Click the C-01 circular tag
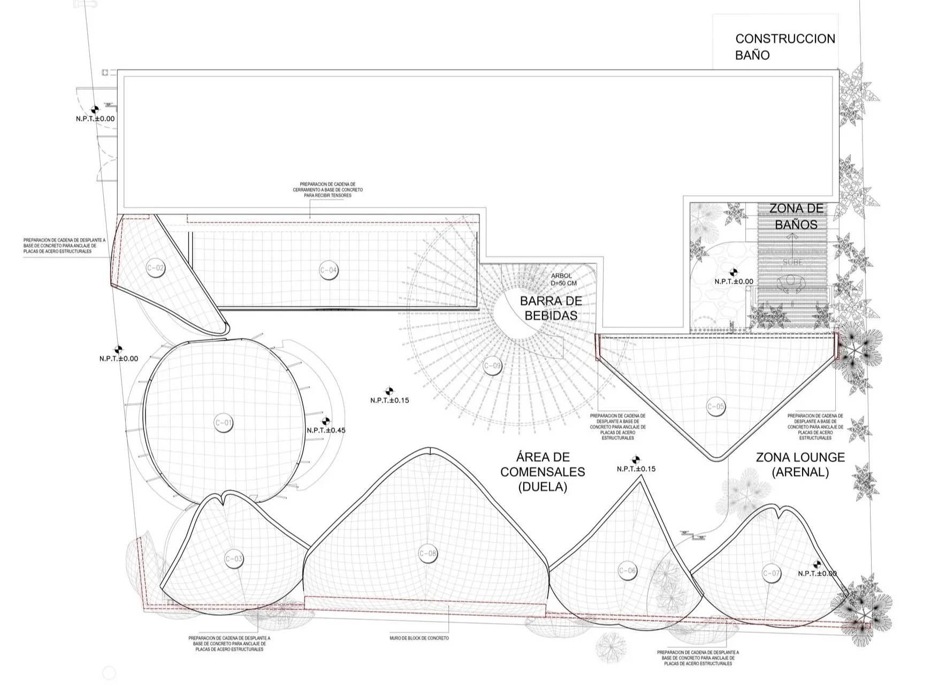tap(224, 423)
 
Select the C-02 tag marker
tap(155, 268)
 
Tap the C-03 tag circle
tap(234, 559)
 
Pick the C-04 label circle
tap(329, 270)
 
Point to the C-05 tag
tap(716, 406)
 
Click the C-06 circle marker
tap(628, 571)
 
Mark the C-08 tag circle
tap(428, 554)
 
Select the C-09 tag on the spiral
tap(492, 366)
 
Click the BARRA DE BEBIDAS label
tap(551, 308)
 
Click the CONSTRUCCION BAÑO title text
tap(784, 47)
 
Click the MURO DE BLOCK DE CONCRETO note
tap(419, 638)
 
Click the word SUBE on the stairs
tap(792, 263)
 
